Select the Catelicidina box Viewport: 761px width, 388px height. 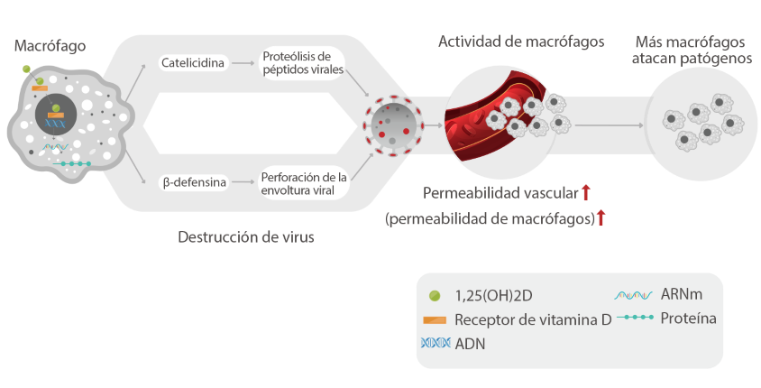pos(193,63)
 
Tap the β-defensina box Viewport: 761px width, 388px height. pos(193,183)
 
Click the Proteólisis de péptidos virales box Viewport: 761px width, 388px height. pos(302,63)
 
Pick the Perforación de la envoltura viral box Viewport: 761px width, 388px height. pos(302,182)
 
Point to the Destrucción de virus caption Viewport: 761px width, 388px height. pos(246,238)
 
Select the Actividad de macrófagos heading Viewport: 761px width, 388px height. pos(521,42)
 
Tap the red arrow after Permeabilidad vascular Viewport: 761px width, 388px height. pos(585,192)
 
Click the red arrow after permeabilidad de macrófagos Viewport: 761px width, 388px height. pos(601,217)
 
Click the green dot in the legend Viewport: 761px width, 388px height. pos(435,295)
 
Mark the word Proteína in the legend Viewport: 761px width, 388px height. pos(688,319)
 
